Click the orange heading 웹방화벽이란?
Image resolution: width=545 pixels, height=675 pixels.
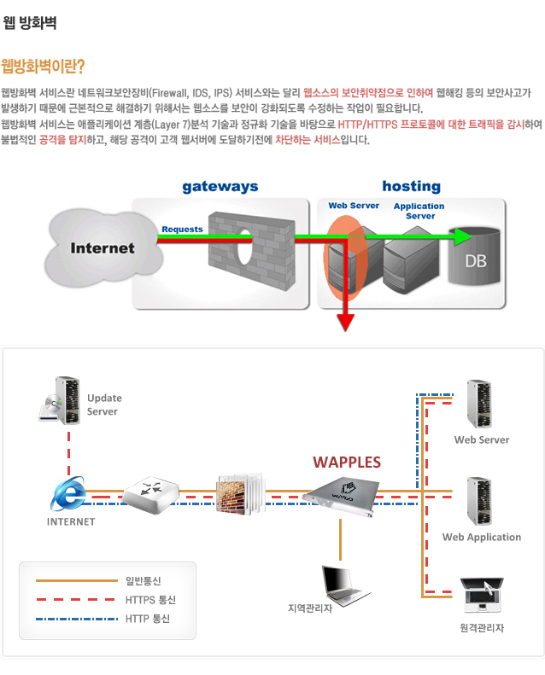[44, 67]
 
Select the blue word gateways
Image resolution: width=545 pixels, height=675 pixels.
[220, 186]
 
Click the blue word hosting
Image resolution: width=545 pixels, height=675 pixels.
[411, 186]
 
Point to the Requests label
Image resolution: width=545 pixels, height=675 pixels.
[182, 230]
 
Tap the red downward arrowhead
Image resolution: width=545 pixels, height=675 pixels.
[345, 321]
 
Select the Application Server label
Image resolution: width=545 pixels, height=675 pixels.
[419, 211]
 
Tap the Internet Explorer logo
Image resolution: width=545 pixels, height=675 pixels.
[69, 493]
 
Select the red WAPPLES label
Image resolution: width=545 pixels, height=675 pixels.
[346, 462]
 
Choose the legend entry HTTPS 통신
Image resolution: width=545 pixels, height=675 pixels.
[147, 600]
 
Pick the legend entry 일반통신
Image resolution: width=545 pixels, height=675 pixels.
[143, 581]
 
